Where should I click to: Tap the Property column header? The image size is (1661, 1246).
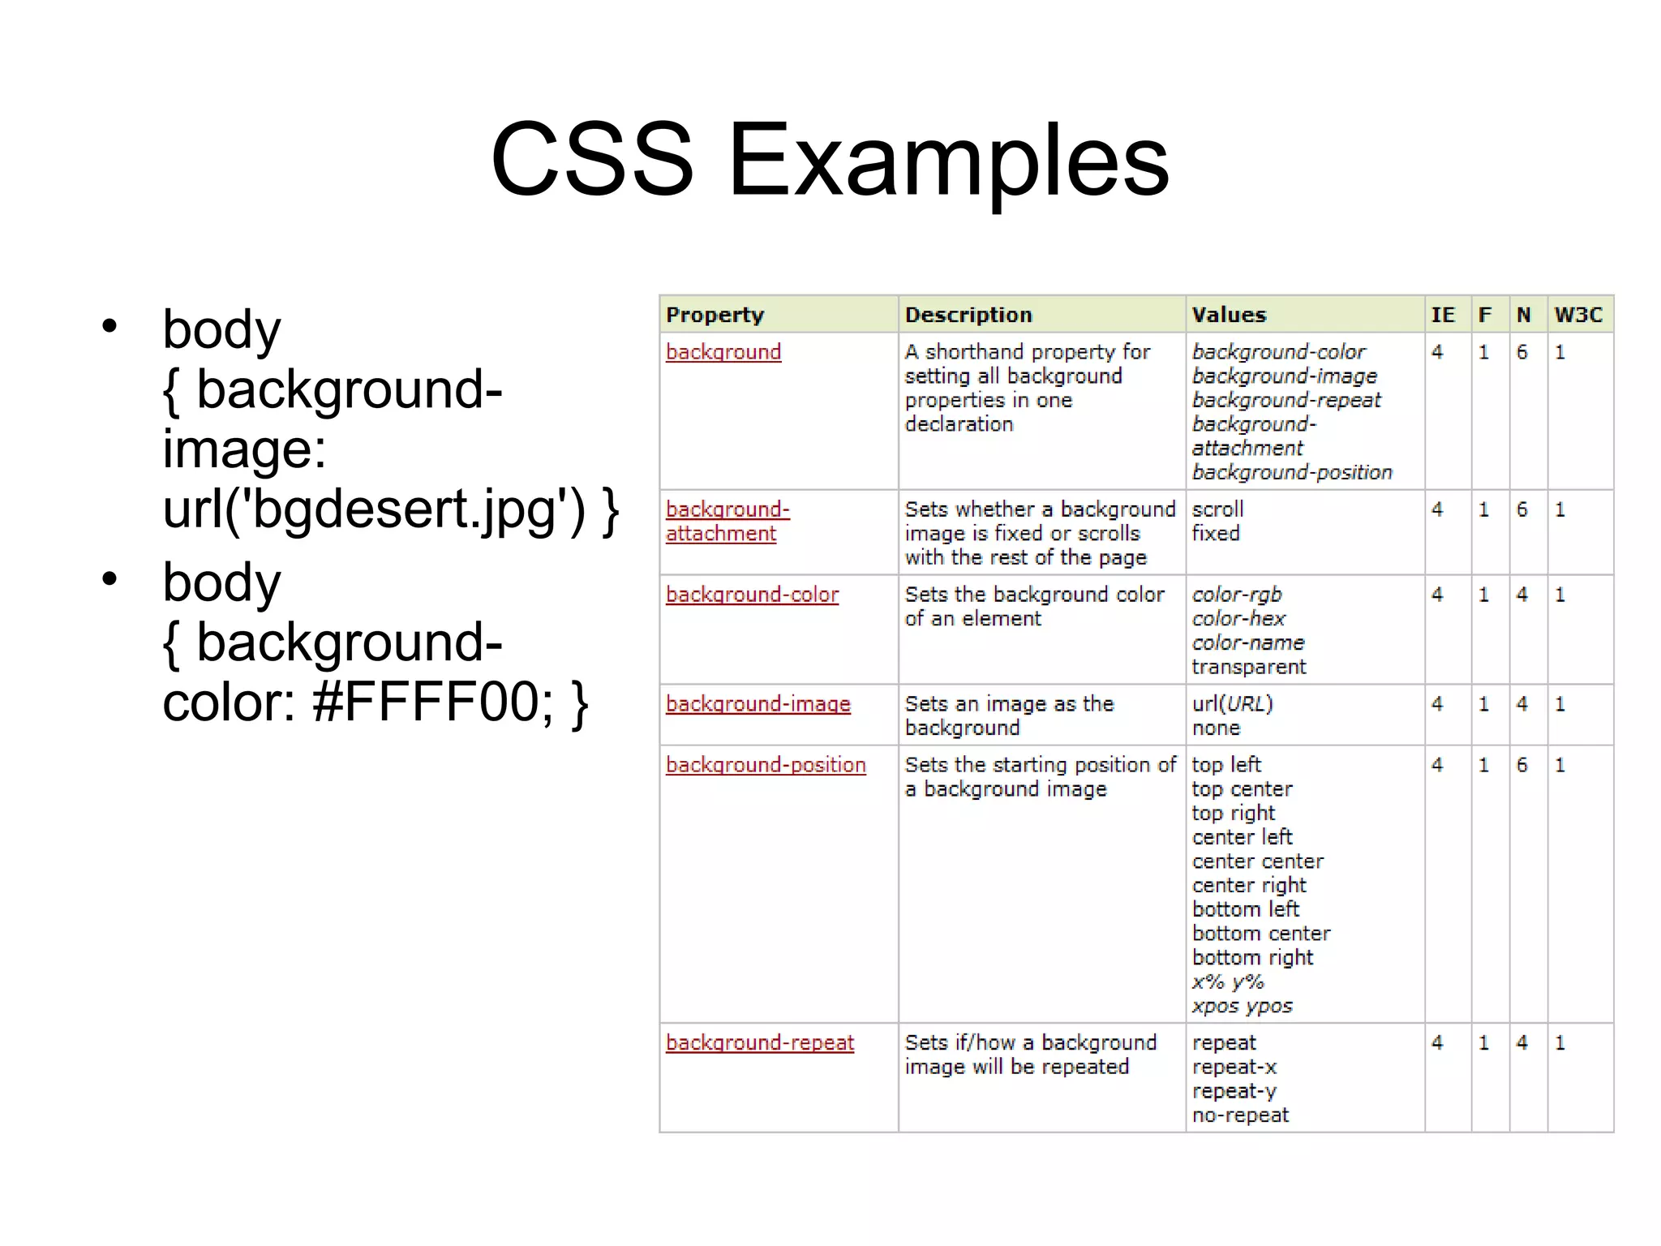click(x=715, y=315)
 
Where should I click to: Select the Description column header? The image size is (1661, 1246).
click(x=968, y=315)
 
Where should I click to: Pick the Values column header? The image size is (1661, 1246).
click(x=1229, y=315)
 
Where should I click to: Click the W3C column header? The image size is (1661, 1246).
click(x=1578, y=315)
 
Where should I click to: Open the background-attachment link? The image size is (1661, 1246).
click(x=727, y=522)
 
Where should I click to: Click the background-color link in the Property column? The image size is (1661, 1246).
click(x=752, y=595)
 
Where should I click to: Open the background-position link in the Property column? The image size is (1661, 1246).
click(x=766, y=765)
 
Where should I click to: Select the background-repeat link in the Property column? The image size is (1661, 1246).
click(x=760, y=1042)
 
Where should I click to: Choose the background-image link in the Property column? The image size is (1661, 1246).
click(x=758, y=704)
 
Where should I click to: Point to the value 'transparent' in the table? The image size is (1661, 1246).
click(x=1249, y=667)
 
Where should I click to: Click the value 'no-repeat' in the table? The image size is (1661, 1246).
click(x=1240, y=1115)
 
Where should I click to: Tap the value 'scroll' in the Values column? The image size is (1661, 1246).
click(x=1217, y=509)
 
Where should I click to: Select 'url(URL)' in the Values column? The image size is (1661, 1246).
click(x=1232, y=704)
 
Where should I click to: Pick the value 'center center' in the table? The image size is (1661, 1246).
click(x=1258, y=861)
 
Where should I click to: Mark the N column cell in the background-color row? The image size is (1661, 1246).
click(x=1522, y=595)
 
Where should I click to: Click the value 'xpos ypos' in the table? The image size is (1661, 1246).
click(x=1242, y=1007)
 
